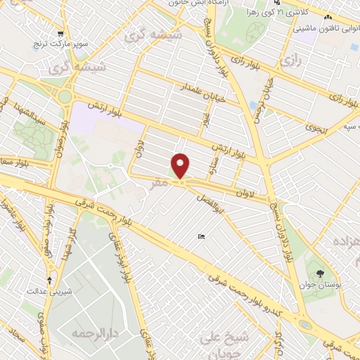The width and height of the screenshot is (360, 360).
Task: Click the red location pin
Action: click(181, 166)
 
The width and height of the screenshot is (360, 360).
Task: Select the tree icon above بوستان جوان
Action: click(321, 272)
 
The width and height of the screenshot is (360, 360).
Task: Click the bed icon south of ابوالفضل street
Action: click(201, 237)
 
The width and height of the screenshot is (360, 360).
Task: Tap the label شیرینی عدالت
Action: click(46, 289)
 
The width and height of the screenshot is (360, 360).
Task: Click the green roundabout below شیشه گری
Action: click(65, 96)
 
